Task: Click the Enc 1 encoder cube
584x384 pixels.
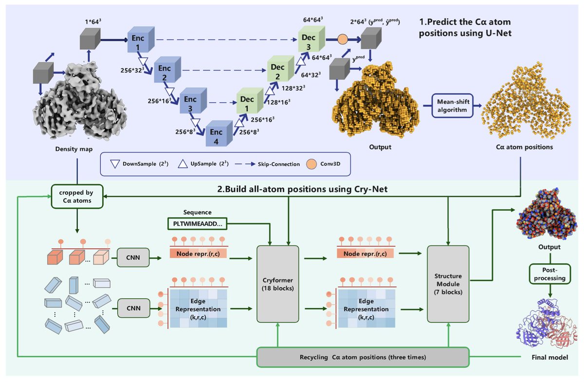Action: pyautogui.click(x=141, y=39)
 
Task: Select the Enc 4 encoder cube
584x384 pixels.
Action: pyautogui.click(x=219, y=134)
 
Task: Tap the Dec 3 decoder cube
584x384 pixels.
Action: pyautogui.click(x=311, y=39)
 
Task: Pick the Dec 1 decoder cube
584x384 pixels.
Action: pyautogui.click(x=250, y=101)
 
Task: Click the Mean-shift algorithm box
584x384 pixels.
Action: pyautogui.click(x=452, y=106)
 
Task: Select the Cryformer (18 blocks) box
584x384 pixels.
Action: pyautogui.click(x=278, y=284)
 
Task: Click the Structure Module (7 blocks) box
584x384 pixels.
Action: pyautogui.click(x=448, y=284)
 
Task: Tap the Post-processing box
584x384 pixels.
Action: pyautogui.click(x=549, y=274)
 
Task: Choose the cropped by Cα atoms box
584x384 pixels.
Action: pyautogui.click(x=77, y=196)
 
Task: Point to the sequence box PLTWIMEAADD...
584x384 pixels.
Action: pyautogui.click(x=198, y=224)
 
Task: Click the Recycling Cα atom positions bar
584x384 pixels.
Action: pyautogui.click(x=363, y=357)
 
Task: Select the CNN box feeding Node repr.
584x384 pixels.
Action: pyautogui.click(x=133, y=257)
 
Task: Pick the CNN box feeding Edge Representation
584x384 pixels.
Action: pyautogui.click(x=133, y=308)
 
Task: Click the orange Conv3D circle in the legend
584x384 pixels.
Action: pyautogui.click(x=311, y=164)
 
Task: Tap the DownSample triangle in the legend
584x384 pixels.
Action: pyautogui.click(x=115, y=164)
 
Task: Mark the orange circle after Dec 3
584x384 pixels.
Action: pyautogui.click(x=343, y=39)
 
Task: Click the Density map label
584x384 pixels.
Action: pyautogui.click(x=74, y=149)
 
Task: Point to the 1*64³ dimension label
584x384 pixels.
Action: pyautogui.click(x=93, y=21)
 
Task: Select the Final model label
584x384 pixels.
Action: pyautogui.click(x=549, y=357)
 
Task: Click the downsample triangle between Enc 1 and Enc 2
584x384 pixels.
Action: pyautogui.click(x=143, y=61)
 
